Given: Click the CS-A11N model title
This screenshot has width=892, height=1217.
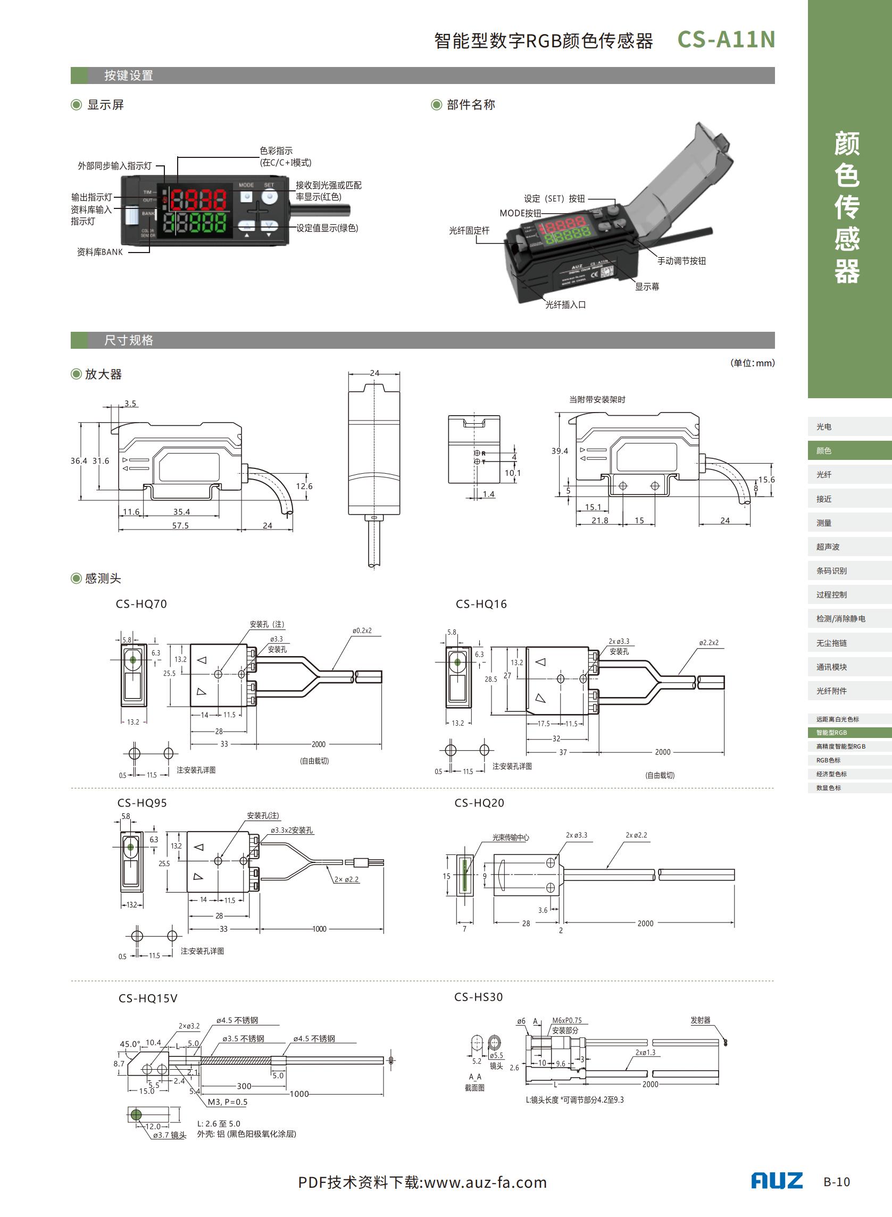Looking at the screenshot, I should (x=726, y=39).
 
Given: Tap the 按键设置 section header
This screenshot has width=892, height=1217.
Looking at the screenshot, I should (x=129, y=75).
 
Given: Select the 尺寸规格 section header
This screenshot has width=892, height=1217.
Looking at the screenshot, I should (x=129, y=340).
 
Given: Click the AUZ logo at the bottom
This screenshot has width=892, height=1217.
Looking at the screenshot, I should (x=777, y=1181).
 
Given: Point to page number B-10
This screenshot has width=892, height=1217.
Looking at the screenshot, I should (x=836, y=1182).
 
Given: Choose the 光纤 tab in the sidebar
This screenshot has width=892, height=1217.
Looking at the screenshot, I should (x=824, y=474).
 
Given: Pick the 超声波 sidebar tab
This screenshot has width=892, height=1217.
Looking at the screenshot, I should (x=828, y=547).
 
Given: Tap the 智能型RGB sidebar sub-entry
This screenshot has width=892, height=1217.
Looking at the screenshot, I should (x=831, y=732).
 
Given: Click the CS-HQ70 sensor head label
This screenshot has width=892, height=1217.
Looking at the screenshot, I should (x=141, y=604).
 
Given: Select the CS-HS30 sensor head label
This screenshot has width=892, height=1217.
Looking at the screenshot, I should (x=478, y=997).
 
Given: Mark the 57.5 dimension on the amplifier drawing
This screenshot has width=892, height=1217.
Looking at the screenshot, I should (x=180, y=525).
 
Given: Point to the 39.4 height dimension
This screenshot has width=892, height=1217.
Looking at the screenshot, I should (x=560, y=451).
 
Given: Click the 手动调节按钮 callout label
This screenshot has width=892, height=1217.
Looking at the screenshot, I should (x=681, y=261).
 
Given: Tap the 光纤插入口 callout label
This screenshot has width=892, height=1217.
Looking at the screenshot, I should (x=565, y=305).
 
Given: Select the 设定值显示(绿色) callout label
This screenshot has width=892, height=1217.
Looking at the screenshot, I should (x=327, y=228).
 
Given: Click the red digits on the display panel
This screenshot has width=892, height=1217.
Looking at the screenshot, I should (x=199, y=200).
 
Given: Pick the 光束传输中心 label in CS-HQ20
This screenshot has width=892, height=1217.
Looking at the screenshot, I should (x=510, y=837).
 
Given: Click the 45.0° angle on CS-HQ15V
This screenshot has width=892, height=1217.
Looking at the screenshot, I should (x=130, y=1044).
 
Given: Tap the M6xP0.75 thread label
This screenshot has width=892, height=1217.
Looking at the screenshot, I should (x=567, y=1020).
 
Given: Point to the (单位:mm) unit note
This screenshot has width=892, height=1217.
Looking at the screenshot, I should (x=752, y=363).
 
